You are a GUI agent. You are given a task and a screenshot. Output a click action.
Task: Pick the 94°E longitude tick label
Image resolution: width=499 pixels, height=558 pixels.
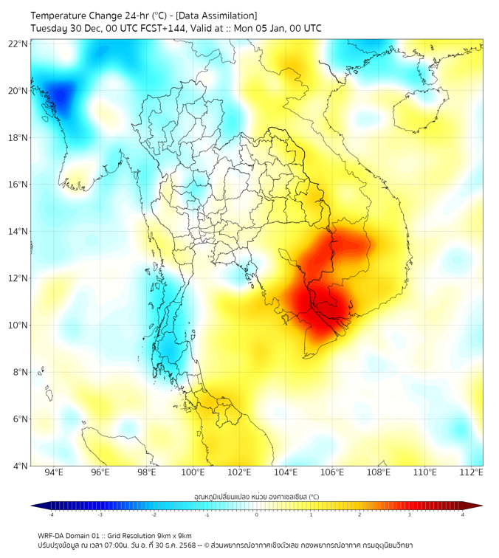(54, 472)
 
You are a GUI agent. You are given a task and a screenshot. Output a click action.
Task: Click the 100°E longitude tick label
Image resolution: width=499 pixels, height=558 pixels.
(193, 472)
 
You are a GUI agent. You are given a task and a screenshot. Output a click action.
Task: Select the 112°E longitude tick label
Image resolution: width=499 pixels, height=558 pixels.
(472, 472)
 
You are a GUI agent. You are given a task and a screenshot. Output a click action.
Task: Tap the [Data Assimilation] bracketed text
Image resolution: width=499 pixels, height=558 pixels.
(218, 15)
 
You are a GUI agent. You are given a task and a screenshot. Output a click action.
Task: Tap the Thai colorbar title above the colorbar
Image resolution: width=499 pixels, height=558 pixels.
(256, 497)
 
